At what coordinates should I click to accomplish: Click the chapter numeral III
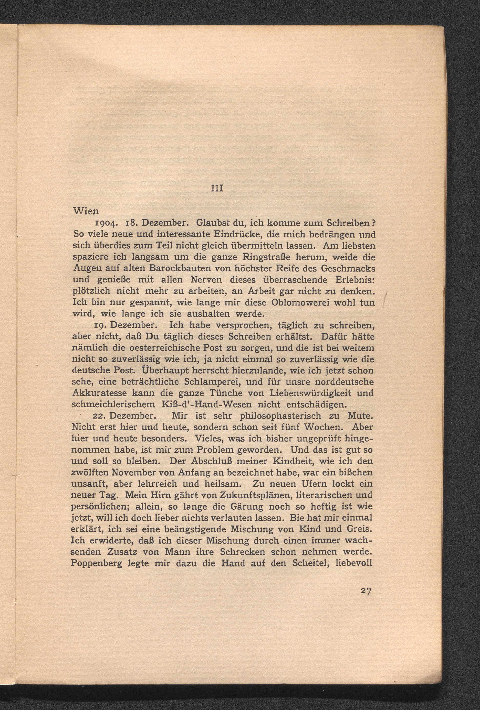click(x=218, y=189)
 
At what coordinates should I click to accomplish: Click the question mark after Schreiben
click(x=373, y=223)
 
